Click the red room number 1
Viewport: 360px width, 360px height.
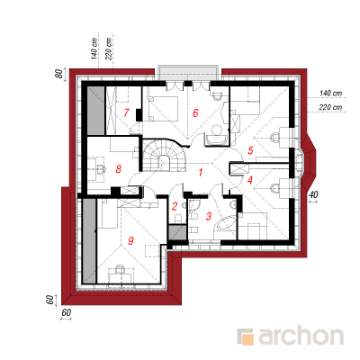(201, 173)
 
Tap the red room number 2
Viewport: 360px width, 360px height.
(175, 206)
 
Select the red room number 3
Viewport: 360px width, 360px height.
(209, 216)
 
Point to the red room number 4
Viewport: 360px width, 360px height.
(250, 180)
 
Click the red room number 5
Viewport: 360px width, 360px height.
(250, 150)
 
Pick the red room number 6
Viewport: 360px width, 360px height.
(195, 113)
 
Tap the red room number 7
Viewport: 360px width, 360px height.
(126, 112)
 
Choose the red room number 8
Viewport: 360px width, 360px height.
(119, 169)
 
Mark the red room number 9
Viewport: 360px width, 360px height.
(130, 240)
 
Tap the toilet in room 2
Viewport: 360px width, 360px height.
(177, 218)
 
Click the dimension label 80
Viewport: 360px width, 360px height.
(60, 74)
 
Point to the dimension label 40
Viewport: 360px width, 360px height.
(313, 194)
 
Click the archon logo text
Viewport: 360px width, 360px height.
(301, 337)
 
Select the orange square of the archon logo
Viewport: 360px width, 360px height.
(248, 339)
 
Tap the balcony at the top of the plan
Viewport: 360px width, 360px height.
(190, 73)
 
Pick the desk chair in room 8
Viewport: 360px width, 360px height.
(102, 169)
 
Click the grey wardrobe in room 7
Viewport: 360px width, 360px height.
(96, 111)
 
